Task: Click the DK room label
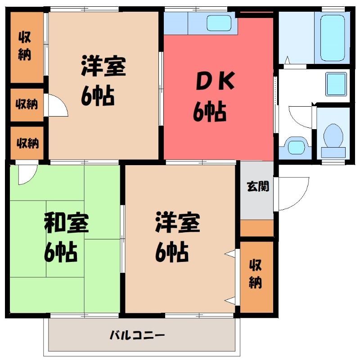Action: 215,81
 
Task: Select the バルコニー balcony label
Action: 137,335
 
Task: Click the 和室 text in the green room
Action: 66,222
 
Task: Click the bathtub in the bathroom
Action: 333,38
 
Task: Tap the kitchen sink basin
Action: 219,23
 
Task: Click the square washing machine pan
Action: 336,84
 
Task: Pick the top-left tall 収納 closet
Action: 27,47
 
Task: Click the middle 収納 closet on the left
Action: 27,105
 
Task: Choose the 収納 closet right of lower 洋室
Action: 256,277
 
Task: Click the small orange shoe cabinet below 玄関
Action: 256,228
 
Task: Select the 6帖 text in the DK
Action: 210,111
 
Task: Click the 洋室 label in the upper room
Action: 103,66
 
